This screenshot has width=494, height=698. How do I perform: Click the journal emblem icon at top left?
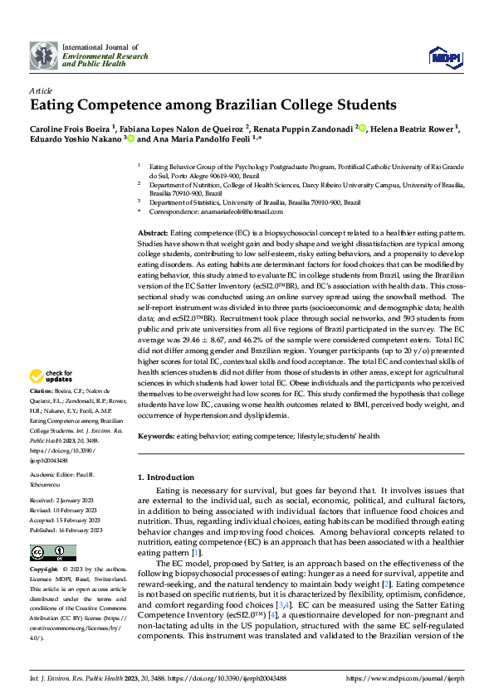coord(43,56)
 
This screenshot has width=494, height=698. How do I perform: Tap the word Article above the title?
coord(41,90)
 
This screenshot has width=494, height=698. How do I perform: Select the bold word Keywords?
coord(155,436)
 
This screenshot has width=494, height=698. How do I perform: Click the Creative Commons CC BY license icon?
coord(47,553)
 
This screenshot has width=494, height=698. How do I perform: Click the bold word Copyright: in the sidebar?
coord(45,571)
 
